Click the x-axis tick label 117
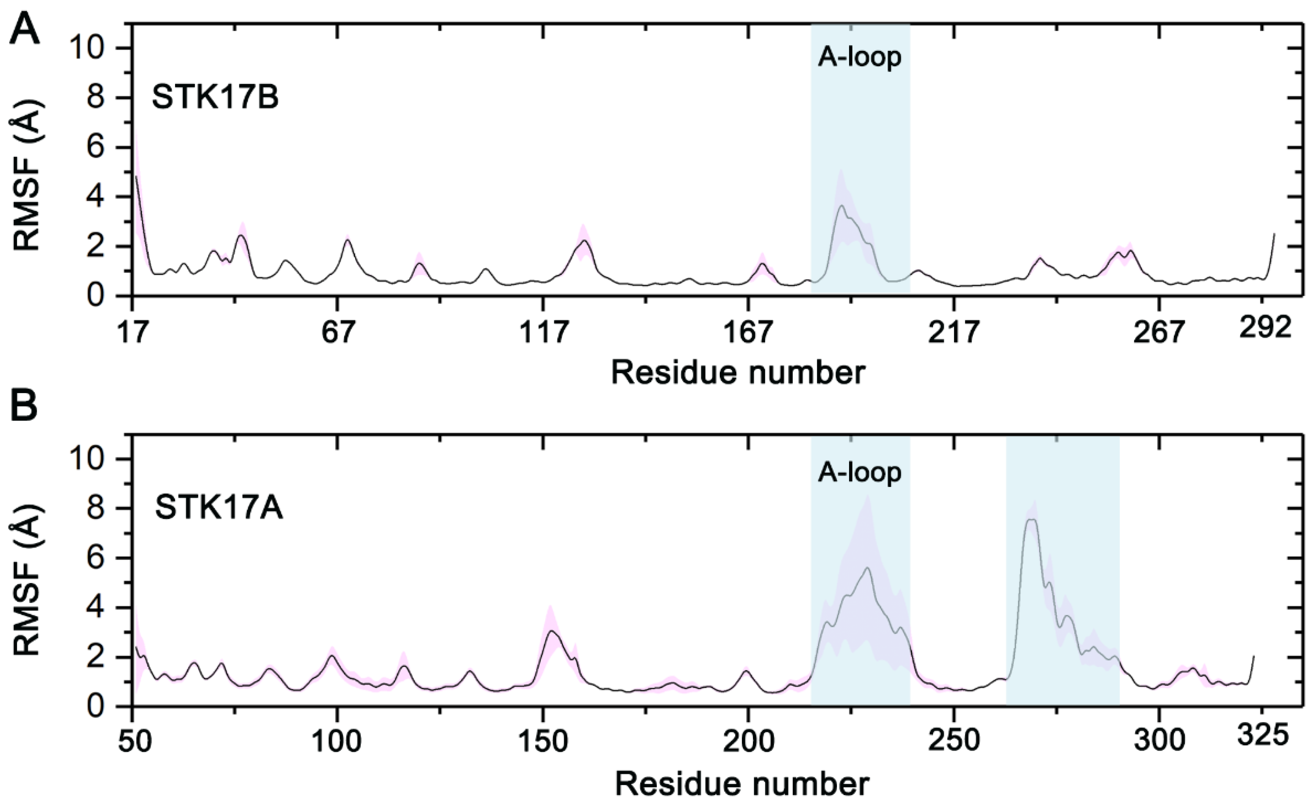543,332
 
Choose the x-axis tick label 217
954,332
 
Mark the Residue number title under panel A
738,372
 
